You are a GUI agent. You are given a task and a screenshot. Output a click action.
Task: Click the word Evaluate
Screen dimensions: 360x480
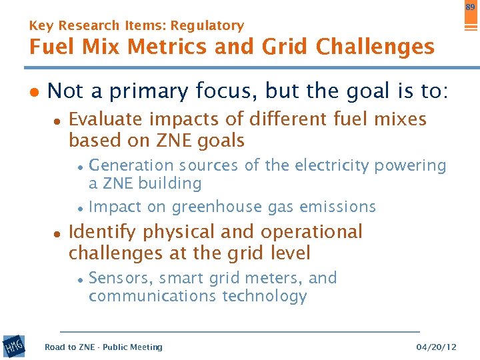click(106, 119)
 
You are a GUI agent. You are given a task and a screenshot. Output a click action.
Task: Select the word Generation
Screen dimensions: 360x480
click(131, 165)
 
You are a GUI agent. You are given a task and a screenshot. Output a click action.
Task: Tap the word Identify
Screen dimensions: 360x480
click(102, 232)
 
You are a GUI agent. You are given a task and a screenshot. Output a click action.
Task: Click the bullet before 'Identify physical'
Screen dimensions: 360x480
click(57, 233)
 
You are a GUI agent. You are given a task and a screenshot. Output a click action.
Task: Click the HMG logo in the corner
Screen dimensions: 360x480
click(14, 347)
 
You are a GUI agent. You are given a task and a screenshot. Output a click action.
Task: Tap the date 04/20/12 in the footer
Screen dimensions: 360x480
click(436, 347)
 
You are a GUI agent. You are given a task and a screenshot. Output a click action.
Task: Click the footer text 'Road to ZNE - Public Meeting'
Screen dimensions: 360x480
click(103, 347)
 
